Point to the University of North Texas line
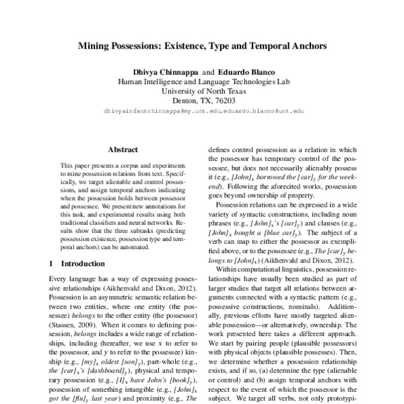(202, 88)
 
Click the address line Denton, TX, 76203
(202, 98)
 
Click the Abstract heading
(123, 149)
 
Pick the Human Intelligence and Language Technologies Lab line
(202, 79)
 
